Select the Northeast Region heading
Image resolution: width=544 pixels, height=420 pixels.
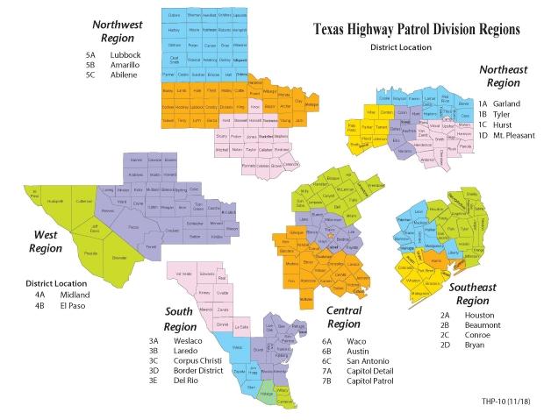[x=503, y=76]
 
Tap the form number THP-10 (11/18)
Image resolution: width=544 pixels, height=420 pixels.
[x=502, y=402]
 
